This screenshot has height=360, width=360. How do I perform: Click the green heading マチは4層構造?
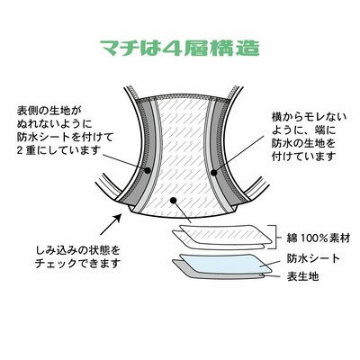(x=180, y=48)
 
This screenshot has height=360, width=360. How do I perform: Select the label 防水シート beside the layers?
(x=313, y=258)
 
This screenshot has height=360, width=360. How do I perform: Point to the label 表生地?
(x=302, y=276)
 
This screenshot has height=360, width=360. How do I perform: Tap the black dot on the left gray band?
(x=148, y=170)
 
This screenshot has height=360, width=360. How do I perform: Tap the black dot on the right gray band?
(x=214, y=173)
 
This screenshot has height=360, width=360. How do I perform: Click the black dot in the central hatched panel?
(x=173, y=199)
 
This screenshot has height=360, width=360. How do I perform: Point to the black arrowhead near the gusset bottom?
(x=119, y=217)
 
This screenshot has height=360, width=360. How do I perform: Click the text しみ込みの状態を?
(x=77, y=249)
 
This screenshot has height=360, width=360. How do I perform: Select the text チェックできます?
(x=77, y=264)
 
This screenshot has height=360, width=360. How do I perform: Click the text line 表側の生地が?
(x=49, y=111)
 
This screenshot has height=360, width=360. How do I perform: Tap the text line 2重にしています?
(x=58, y=150)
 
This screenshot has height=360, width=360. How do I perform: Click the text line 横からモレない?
(x=309, y=117)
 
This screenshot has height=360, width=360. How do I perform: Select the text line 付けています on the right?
(x=303, y=157)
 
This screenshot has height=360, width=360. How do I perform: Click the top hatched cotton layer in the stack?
(x=225, y=234)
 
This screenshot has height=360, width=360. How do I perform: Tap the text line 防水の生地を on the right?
(x=303, y=143)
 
